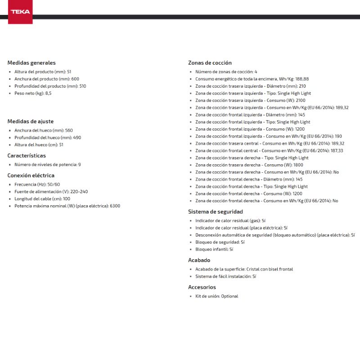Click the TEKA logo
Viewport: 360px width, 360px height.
(x=20, y=12)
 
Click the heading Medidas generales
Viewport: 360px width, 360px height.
(x=31, y=63)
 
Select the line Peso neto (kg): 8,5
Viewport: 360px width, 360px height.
(x=33, y=93)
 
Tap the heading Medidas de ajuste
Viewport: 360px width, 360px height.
(x=30, y=121)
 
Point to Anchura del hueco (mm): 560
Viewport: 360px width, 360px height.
(x=43, y=130)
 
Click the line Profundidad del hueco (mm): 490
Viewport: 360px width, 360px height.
(x=48, y=137)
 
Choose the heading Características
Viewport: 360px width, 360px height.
(x=27, y=155)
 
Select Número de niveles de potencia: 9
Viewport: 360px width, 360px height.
(x=47, y=165)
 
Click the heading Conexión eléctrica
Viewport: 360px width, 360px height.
(x=31, y=175)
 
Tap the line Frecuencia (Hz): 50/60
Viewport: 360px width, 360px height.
(x=37, y=184)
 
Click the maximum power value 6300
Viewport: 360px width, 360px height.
(x=115, y=206)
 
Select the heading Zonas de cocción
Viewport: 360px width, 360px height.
(x=210, y=63)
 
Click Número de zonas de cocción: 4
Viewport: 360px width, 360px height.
(x=226, y=72)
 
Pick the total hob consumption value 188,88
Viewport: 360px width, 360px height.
(x=302, y=79)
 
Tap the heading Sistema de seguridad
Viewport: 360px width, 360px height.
(x=215, y=211)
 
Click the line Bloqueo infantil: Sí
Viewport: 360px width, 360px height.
(x=214, y=249)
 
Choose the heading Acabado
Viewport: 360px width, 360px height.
(x=199, y=260)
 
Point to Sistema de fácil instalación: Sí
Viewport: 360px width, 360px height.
(x=225, y=276)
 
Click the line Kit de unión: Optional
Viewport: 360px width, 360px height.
(x=216, y=296)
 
